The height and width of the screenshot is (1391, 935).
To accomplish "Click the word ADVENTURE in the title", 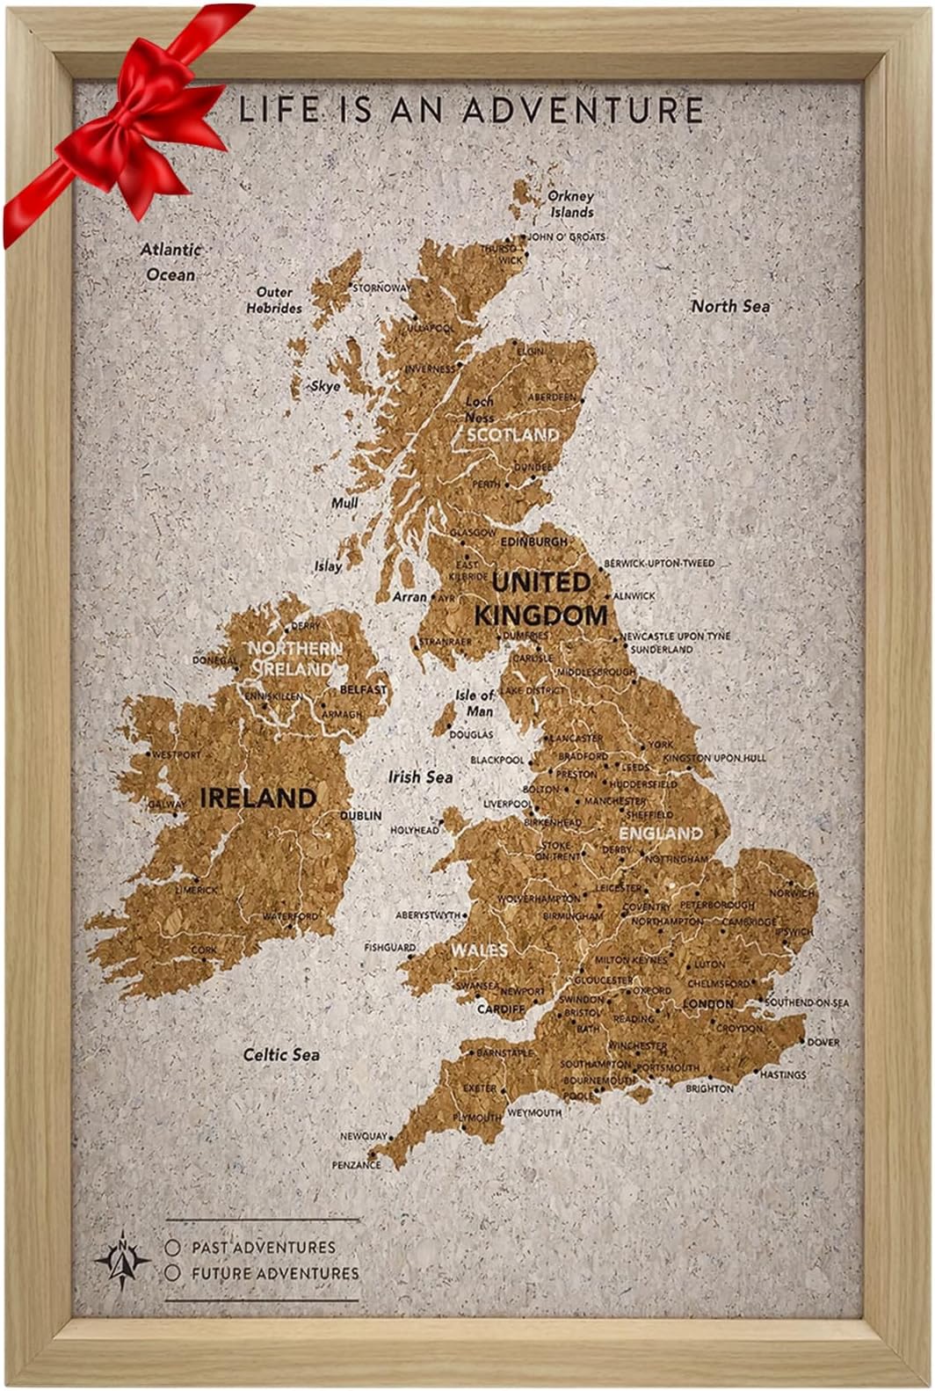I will tap(583, 110).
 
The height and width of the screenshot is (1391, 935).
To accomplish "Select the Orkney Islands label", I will tap(571, 204).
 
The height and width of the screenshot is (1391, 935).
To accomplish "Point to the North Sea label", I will tap(730, 306).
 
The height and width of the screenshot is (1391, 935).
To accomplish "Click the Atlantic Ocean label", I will tap(171, 262).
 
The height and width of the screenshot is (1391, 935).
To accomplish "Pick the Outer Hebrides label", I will tap(274, 300).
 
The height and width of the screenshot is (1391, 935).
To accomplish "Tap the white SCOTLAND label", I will tap(512, 435).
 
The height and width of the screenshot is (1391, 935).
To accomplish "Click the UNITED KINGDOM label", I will tap(540, 598).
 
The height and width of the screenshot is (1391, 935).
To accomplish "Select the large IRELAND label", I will tap(258, 798).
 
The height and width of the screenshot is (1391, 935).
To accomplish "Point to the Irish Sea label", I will tap(421, 777).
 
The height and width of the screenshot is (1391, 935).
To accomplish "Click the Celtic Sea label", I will tap(281, 1054).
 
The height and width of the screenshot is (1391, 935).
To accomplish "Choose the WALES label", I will tap(479, 950).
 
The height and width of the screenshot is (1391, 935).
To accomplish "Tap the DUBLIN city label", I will tap(361, 815).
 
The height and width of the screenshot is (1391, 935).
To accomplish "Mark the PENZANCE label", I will tap(356, 1164).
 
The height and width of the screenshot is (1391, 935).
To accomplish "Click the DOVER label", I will tap(823, 1042).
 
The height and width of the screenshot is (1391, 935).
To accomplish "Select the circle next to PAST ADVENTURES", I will tap(173, 1247).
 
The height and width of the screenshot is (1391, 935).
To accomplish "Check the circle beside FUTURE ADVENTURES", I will tap(173, 1272).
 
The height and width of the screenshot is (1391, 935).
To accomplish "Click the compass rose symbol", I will tap(123, 1260).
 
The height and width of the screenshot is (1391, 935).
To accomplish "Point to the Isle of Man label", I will tap(475, 703).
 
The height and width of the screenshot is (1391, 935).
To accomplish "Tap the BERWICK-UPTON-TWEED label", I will tap(659, 563).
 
